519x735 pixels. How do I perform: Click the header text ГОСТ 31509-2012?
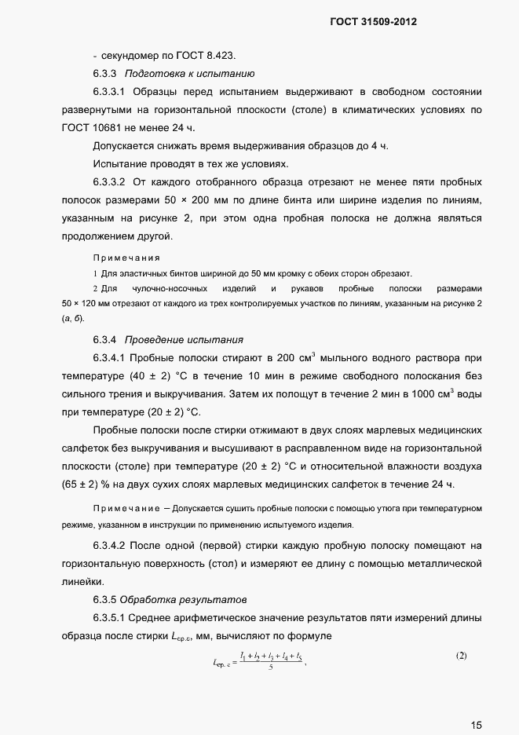[373, 22]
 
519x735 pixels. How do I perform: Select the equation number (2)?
[462, 655]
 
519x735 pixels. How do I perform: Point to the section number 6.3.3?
[104, 74]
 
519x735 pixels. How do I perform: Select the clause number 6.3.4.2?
[114, 544]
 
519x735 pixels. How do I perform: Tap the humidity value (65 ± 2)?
[82, 484]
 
